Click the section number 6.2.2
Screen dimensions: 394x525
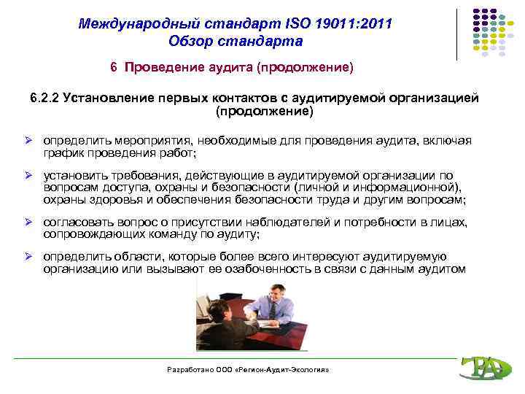(x=44, y=98)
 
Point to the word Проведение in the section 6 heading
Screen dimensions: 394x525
(x=158, y=68)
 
